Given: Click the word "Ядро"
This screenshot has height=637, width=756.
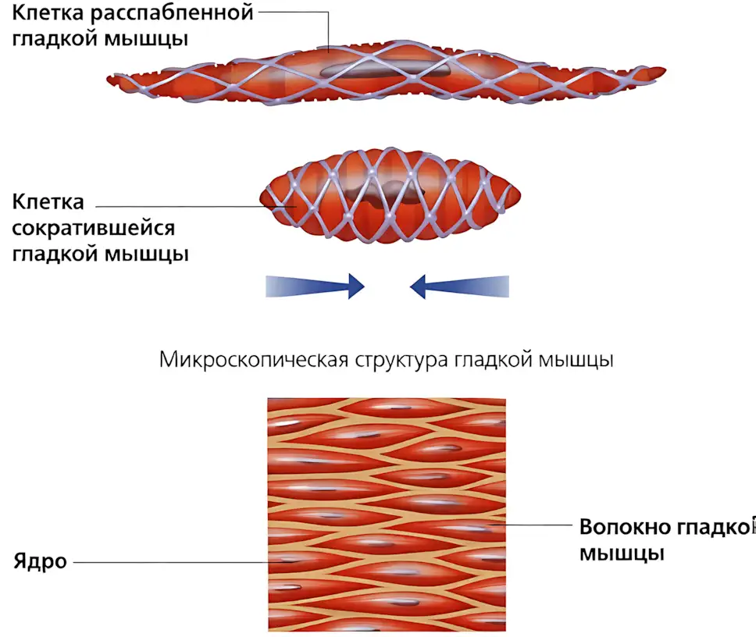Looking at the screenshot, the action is tap(40, 562).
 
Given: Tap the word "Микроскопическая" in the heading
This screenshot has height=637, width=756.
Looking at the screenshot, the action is tap(254, 360).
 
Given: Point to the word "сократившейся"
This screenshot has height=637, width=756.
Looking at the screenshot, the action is tap(93, 229).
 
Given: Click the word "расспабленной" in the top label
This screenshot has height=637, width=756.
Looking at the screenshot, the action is tap(172, 13).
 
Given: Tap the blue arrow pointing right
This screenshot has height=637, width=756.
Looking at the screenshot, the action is tap(315, 286).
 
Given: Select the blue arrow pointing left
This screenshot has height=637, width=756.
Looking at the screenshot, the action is tap(459, 286).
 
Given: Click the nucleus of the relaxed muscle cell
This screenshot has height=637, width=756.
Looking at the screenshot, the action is tap(386, 69).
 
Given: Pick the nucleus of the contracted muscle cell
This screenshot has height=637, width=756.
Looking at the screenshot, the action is tap(386, 193).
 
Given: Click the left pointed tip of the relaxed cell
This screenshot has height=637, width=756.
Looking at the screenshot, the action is tap(107, 79).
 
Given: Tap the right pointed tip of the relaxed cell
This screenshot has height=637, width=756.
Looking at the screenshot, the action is tap(665, 71).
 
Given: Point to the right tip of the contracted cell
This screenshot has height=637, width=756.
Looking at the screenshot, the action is tap(520, 195).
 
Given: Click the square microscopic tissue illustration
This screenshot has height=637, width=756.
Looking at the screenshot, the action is tap(387, 514).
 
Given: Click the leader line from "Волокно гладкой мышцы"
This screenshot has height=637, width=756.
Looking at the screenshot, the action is tap(530, 525).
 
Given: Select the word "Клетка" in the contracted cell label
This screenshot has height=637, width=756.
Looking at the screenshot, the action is tap(48, 202).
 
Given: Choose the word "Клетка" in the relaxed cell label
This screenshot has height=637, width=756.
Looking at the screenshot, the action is tap(48, 13).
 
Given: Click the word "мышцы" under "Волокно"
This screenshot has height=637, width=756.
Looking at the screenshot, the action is tap(622, 553).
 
